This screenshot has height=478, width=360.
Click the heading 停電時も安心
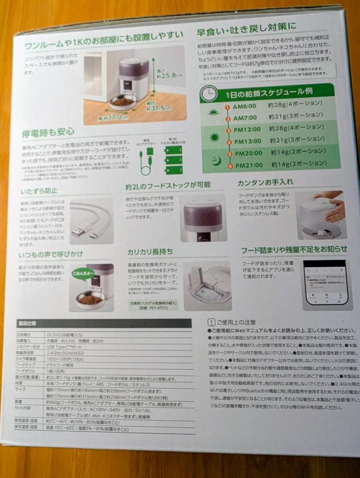tap(48, 131)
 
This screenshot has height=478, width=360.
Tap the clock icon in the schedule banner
tap(209, 93)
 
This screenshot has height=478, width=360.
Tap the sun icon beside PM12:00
tap(215, 137)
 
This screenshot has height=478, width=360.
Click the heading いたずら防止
tap(39, 191)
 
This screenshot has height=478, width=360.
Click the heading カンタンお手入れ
tap(265, 182)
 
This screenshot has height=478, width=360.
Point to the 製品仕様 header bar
tap(104, 323)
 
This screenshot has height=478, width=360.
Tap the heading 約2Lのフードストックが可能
tap(168, 185)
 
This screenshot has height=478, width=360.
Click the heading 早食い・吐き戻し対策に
tap(246, 32)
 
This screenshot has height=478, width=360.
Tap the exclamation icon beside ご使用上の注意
tap(211, 322)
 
